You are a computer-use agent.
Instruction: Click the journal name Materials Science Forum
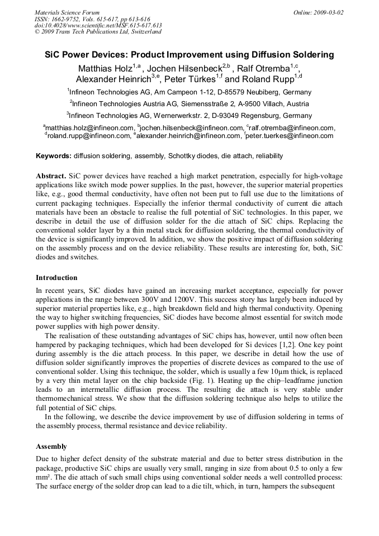point(67,12)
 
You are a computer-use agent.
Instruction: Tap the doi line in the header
point(98,25)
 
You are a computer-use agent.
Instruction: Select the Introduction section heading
point(56,278)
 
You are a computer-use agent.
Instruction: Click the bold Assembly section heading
point(51,447)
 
